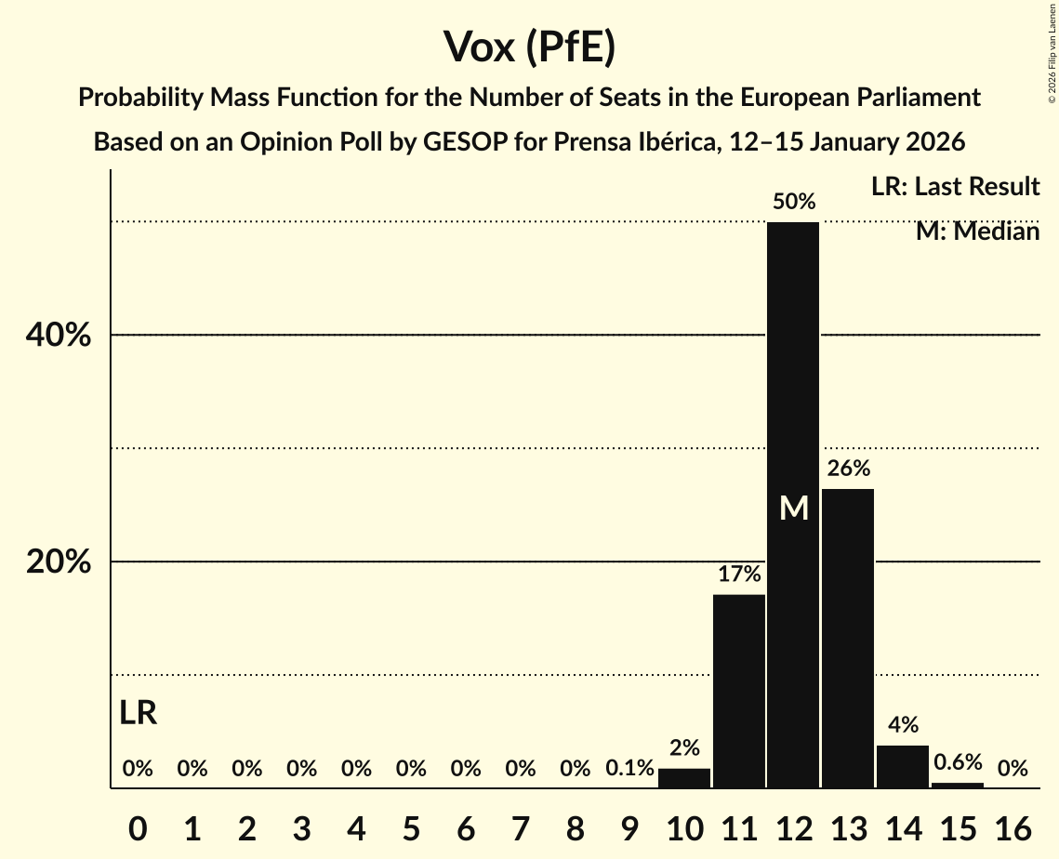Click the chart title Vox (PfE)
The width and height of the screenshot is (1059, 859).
(529, 46)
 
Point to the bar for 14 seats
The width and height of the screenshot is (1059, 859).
(903, 767)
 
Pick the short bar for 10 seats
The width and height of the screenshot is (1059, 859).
(684, 778)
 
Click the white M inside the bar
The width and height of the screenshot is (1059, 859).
(794, 508)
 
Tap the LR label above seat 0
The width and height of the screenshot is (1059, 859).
(139, 713)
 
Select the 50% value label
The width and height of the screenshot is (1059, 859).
(794, 201)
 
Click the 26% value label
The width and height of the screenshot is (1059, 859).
(848, 468)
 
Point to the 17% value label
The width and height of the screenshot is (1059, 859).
(739, 574)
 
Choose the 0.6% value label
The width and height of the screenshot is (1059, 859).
(958, 762)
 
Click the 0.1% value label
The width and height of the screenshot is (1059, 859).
(629, 769)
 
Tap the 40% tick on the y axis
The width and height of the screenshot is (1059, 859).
(58, 335)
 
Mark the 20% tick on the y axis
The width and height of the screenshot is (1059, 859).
(58, 562)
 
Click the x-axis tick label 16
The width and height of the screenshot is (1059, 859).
(1013, 825)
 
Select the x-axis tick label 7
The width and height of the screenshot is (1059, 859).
(521, 825)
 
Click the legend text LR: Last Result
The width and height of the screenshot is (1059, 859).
(955, 187)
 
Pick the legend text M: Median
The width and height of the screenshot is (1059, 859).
(977, 231)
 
